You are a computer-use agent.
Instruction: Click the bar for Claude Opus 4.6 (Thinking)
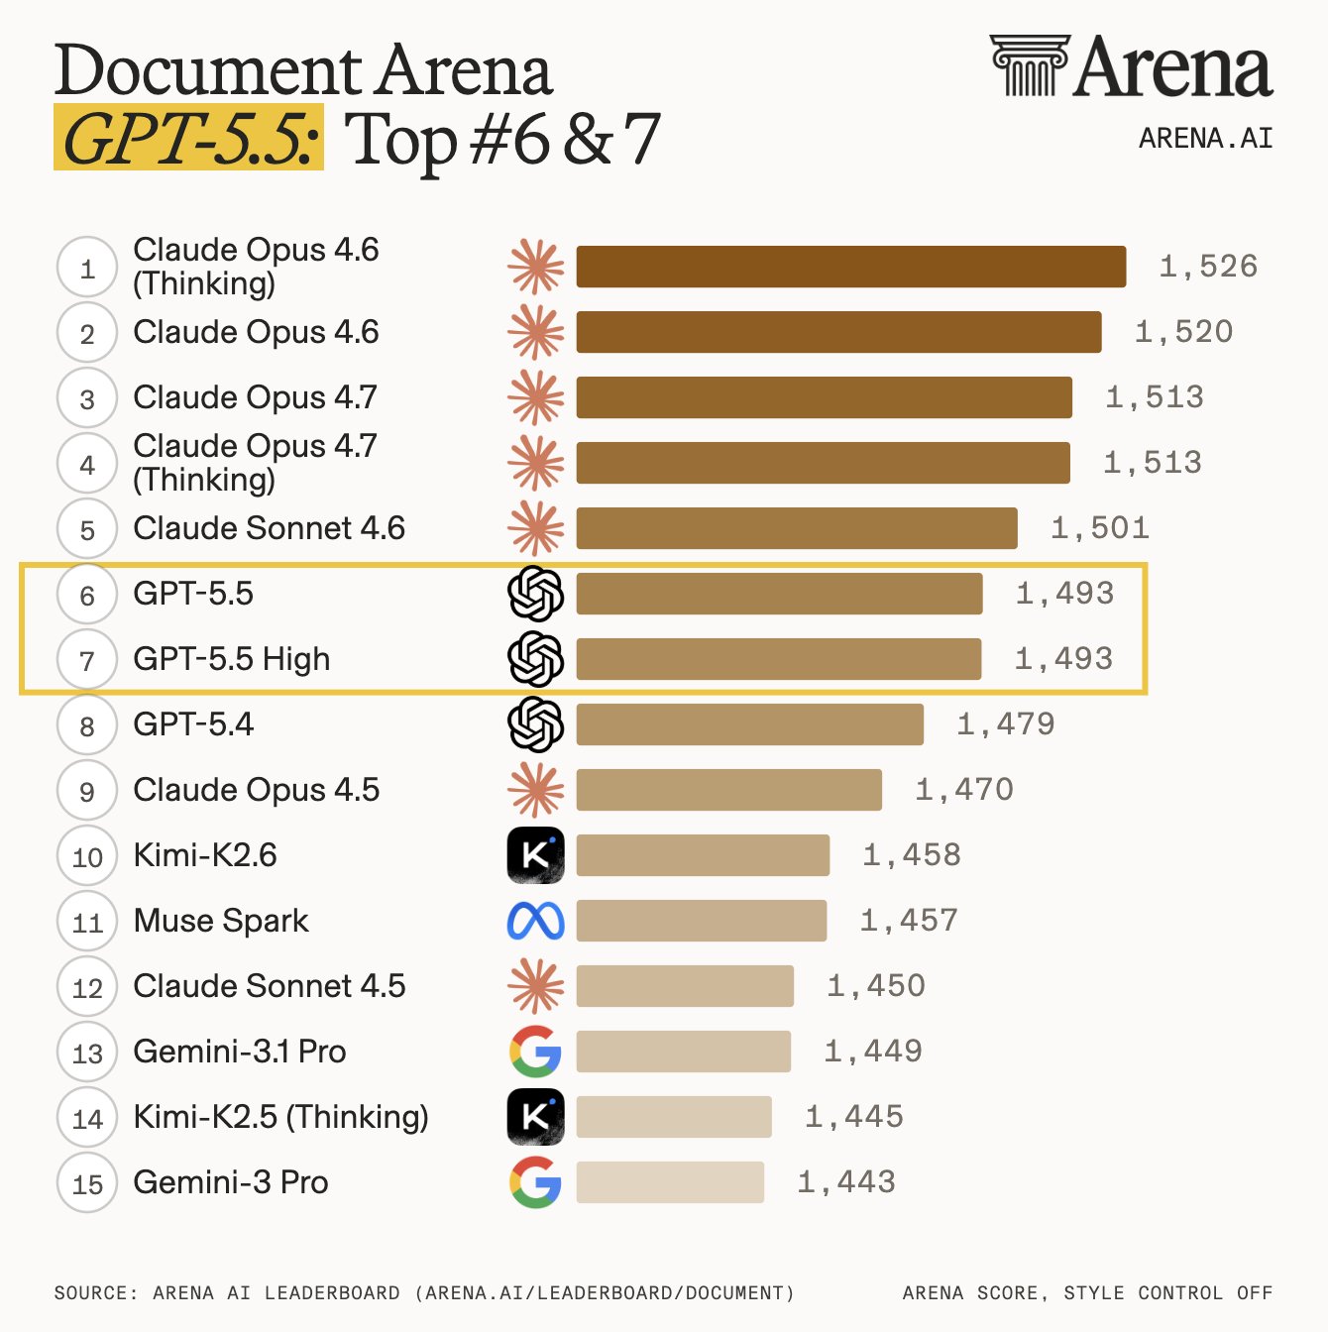pos(851,267)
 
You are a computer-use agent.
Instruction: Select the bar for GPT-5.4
pos(750,724)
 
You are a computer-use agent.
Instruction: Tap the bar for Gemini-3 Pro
pos(670,1182)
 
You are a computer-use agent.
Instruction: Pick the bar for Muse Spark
pos(702,920)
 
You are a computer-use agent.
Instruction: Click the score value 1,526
pos(1208,267)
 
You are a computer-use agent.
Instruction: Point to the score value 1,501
pos(1100,528)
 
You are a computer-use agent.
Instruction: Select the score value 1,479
pos(1006,724)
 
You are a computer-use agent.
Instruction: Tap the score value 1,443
pos(846,1182)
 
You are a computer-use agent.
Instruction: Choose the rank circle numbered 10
pos(87,855)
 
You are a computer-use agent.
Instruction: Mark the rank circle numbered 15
pos(87,1182)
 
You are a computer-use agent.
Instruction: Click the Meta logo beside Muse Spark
pos(536,921)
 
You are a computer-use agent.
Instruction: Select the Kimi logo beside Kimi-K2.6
pos(536,855)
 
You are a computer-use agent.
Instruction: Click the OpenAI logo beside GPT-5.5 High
pos(536,659)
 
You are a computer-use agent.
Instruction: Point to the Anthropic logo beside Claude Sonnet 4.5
pos(536,986)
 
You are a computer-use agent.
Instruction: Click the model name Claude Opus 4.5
pos(257,789)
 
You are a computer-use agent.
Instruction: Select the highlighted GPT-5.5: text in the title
pos(188,138)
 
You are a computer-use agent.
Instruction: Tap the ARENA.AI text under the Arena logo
pos(1206,138)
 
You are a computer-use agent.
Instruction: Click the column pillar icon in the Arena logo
pos(1031,65)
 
